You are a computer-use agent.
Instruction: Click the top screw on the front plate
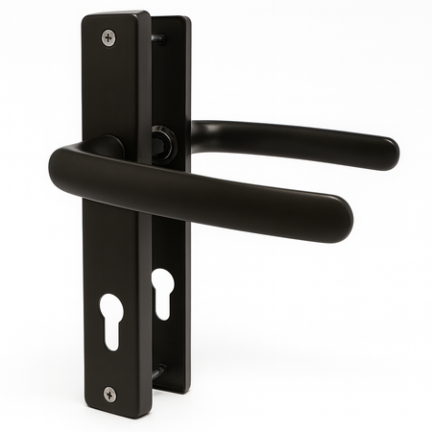[108, 37]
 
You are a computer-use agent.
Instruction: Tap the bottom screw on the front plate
[109, 394]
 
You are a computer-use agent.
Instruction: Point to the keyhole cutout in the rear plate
[162, 290]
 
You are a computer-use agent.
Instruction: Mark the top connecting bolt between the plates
[157, 38]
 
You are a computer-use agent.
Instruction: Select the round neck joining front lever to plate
[108, 147]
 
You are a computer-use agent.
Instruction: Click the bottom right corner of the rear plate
[188, 390]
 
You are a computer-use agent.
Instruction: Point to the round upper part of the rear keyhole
[162, 280]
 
